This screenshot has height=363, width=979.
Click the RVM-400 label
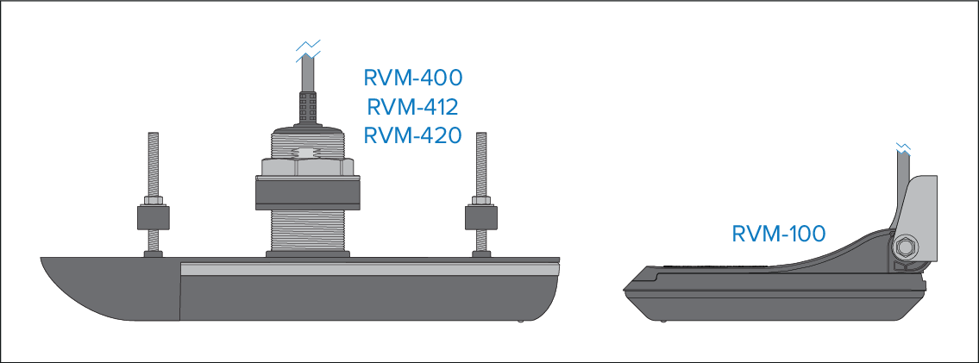(x=413, y=78)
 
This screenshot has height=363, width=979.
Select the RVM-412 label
(x=413, y=108)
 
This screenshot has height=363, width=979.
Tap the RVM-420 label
(x=413, y=136)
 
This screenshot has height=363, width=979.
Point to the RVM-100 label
(x=778, y=234)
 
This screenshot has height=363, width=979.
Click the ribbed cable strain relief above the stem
(x=308, y=108)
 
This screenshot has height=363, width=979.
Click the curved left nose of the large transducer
(x=78, y=285)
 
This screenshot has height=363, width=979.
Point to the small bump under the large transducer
(x=522, y=321)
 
